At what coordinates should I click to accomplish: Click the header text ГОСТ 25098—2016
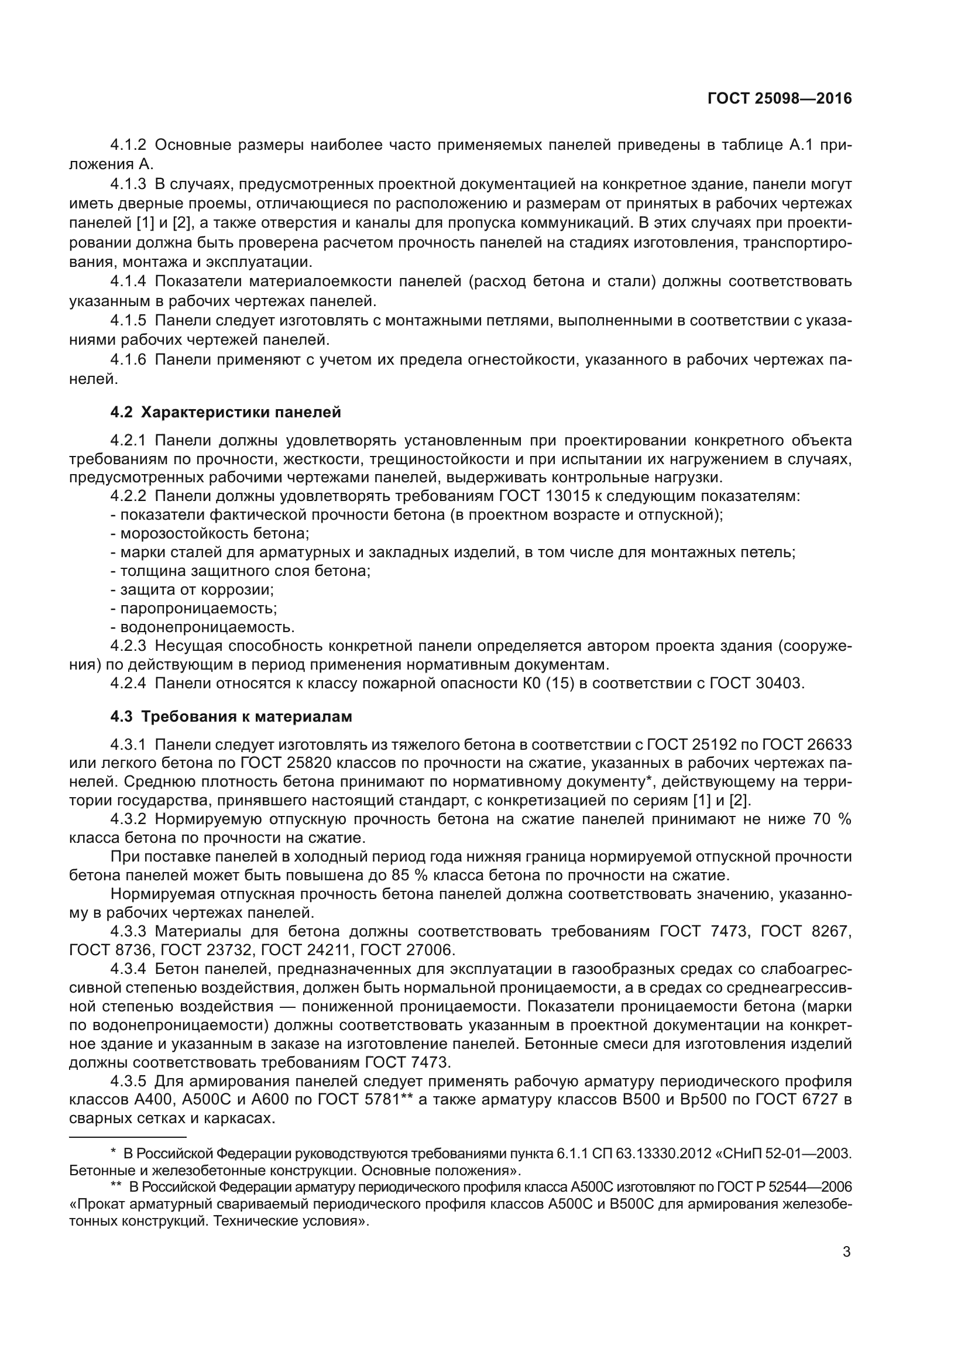click(779, 99)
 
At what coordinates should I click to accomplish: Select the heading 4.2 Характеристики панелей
click(225, 412)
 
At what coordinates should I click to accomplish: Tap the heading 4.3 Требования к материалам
click(231, 716)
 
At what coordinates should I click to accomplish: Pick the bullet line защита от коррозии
click(192, 590)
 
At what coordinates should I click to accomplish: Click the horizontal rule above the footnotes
click(128, 1137)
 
